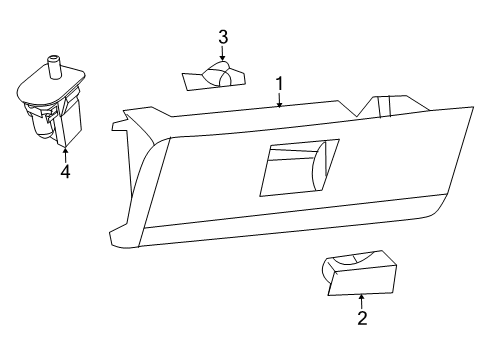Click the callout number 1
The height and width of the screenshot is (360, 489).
[x=280, y=84]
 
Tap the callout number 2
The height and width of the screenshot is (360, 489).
[x=362, y=318]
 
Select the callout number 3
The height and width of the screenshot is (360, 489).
[x=222, y=37]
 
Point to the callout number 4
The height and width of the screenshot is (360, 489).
[x=64, y=172]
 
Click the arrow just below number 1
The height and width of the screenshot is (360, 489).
[x=280, y=100]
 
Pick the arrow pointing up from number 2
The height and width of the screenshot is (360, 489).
[x=362, y=299]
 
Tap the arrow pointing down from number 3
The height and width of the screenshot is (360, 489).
[x=222, y=55]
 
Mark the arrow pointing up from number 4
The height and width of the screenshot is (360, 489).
[x=64, y=153]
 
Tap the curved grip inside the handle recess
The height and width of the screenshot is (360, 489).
[x=319, y=165]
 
